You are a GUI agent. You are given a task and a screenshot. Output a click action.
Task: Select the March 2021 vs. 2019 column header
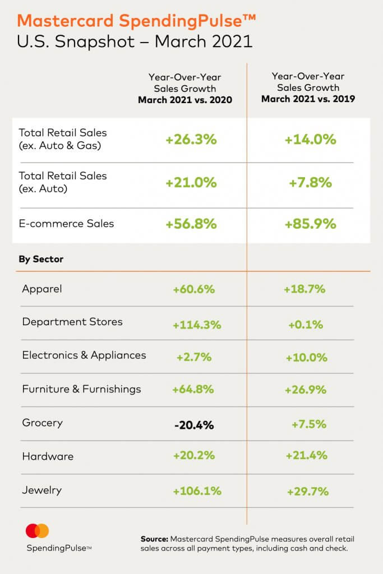tap(308, 87)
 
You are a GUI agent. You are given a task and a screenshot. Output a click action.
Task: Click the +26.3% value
tap(191, 140)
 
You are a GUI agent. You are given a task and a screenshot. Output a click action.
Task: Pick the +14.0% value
tap(311, 140)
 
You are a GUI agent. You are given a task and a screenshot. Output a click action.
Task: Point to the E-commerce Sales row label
tap(66, 224)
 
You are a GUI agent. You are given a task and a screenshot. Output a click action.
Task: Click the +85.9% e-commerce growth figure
tap(310, 224)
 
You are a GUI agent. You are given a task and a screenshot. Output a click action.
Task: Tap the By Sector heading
tap(41, 260)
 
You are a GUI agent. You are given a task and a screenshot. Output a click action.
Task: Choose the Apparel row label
tap(41, 289)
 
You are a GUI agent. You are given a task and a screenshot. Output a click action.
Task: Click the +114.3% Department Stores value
tap(197, 325)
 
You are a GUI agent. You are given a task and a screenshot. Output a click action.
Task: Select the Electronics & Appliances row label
tap(84, 355)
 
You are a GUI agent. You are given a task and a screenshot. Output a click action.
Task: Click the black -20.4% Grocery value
tap(194, 425)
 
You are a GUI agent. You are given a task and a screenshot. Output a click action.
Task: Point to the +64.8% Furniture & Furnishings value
tap(193, 390)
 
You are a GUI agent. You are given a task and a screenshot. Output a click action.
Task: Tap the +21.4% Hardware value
tap(306, 456)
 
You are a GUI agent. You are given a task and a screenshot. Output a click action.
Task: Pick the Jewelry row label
tap(41, 490)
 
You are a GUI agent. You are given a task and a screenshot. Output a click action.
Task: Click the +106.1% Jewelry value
tap(197, 491)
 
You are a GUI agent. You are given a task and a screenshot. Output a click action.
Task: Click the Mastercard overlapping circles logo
tap(38, 530)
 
